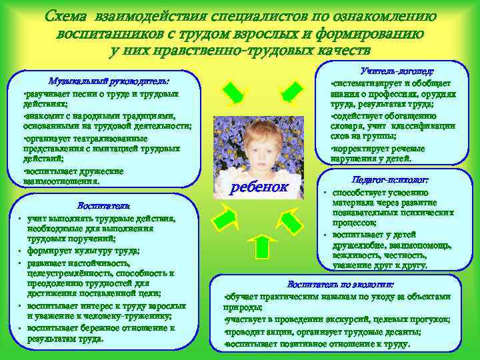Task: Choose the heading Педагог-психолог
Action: (x=389, y=180)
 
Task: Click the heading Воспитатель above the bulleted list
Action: (x=100, y=205)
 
